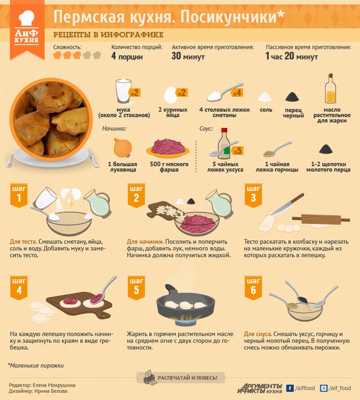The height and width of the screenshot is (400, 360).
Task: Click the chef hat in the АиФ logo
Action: (x=27, y=18)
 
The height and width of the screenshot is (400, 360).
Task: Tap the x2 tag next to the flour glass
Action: (x=134, y=93)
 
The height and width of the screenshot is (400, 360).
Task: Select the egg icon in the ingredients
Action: (x=171, y=95)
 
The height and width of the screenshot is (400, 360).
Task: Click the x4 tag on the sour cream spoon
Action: (x=237, y=93)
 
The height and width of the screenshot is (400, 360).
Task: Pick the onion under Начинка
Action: (x=123, y=148)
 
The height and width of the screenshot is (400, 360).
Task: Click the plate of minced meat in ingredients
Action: (x=168, y=148)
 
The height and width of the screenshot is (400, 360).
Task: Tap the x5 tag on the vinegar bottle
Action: (x=237, y=150)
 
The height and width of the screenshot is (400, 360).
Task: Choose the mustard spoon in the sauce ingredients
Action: (x=277, y=149)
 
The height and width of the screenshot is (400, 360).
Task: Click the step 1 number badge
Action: (x=19, y=195)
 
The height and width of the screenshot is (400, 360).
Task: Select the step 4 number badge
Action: (x=19, y=287)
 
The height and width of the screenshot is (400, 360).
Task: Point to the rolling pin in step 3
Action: (x=321, y=219)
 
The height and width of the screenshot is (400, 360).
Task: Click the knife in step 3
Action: (x=287, y=204)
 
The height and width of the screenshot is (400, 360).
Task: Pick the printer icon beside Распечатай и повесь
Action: (x=150, y=377)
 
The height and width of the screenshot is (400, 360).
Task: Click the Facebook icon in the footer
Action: (x=290, y=388)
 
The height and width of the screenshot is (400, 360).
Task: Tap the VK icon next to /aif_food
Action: (x=323, y=388)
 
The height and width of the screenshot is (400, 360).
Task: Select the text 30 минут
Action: (x=188, y=56)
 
